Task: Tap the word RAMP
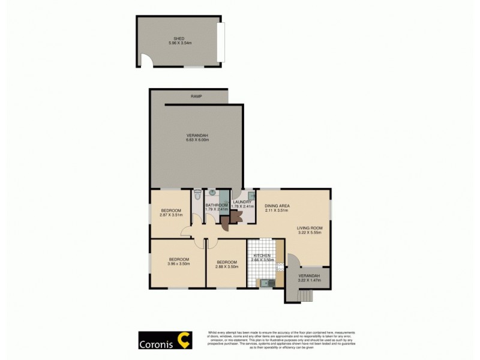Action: click(x=196, y=97)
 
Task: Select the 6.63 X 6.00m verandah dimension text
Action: click(x=197, y=140)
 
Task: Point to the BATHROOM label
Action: click(x=216, y=205)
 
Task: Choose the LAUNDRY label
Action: click(x=242, y=202)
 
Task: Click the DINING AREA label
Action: click(x=277, y=206)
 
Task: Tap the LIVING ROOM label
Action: click(x=310, y=228)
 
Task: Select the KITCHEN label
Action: click(x=264, y=256)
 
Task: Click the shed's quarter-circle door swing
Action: click(x=146, y=61)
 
